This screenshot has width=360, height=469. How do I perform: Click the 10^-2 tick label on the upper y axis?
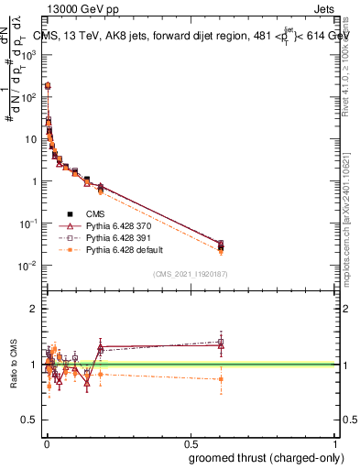(x=30, y=266)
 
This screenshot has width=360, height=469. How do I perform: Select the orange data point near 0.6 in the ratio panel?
(x=221, y=378)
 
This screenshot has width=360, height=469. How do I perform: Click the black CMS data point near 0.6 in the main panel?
(x=221, y=245)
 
